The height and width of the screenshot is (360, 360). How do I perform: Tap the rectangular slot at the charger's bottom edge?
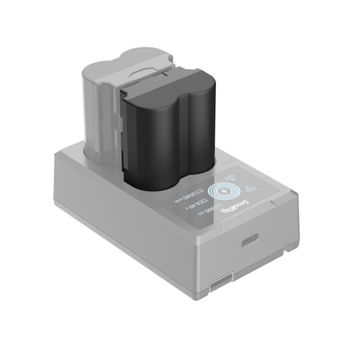[x=219, y=287]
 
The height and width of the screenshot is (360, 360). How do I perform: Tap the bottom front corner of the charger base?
[x=205, y=301]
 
